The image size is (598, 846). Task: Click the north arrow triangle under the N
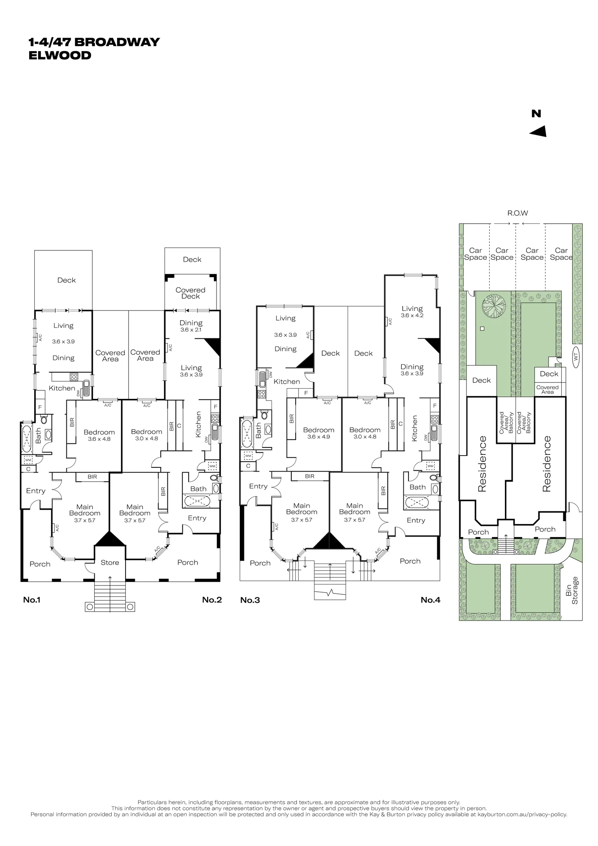coord(539,132)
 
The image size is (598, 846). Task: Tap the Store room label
coord(110,563)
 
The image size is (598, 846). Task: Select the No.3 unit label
coord(250,600)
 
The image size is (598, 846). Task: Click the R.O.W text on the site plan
coord(518,213)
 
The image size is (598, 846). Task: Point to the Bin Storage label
coord(572,591)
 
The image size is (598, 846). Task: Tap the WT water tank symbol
coord(575,357)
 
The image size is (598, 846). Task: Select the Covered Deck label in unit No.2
coord(191,293)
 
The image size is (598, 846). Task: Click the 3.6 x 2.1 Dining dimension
coord(191,330)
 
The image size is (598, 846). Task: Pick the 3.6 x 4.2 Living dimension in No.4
coord(412,315)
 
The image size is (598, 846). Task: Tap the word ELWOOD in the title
coord(60,55)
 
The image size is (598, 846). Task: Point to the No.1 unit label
coord(32,600)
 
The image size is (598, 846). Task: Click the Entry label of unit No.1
coord(36,491)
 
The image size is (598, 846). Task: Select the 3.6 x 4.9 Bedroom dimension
coord(319,437)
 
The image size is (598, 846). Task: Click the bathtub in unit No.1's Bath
coord(26,437)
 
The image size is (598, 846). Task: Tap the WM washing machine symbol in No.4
coord(431,466)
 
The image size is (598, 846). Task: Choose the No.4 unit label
coord(431,600)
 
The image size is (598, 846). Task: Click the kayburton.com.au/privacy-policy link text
coord(522,814)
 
